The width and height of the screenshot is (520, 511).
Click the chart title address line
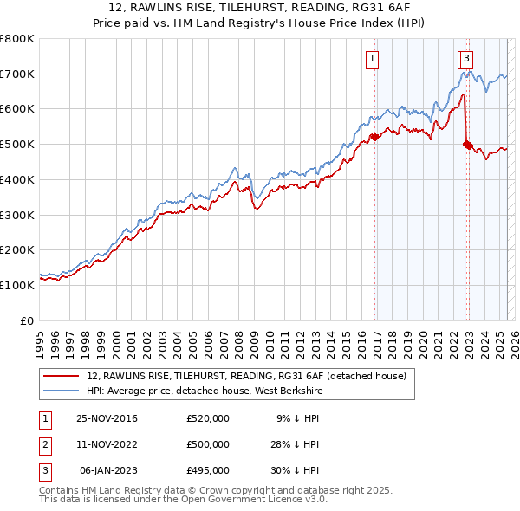pos(260,8)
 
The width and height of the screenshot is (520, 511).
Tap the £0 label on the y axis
pos(26,320)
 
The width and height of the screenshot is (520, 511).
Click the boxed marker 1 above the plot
pos(372,59)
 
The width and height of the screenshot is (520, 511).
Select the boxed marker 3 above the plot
pos(466,59)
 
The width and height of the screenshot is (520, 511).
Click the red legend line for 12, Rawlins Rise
pos(60,376)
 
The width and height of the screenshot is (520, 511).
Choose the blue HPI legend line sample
pos(60,391)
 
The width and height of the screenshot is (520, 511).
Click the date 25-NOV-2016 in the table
pos(107,419)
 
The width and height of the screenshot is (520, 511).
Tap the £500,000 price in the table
pos(208,444)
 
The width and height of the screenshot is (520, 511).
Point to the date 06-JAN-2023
pos(107,469)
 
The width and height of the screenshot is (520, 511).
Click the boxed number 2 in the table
pos(44,444)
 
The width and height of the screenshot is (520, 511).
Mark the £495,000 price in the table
pos(208,469)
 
